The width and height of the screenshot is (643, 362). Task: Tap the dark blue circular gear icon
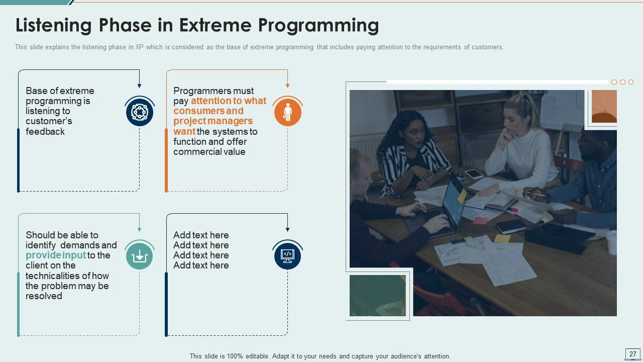click(x=139, y=112)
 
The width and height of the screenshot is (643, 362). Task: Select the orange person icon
click(x=287, y=112)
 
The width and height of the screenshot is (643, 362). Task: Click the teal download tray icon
click(x=139, y=256)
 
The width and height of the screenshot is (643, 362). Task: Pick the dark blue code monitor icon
click(x=287, y=255)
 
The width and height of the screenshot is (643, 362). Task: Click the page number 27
click(x=632, y=354)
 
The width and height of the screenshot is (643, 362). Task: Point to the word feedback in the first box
click(x=45, y=132)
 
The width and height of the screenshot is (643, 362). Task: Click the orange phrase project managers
click(x=213, y=121)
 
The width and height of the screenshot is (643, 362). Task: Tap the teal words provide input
click(x=56, y=255)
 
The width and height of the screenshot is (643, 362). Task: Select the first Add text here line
click(x=201, y=235)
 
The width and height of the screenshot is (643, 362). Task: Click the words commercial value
click(x=209, y=152)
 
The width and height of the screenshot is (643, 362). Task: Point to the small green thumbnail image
click(x=377, y=296)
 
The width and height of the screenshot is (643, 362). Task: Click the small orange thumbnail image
click(x=604, y=106)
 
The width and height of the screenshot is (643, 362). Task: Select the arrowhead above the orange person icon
click(x=287, y=86)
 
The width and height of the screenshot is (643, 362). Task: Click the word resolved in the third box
click(x=44, y=296)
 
